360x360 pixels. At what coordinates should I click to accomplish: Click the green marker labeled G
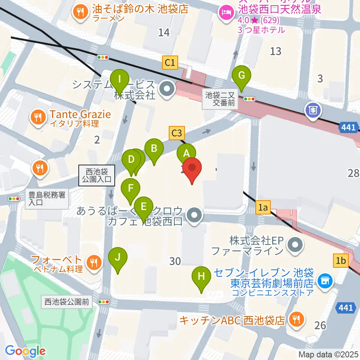pos(241,76)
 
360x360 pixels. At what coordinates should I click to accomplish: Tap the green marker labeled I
pos(120,79)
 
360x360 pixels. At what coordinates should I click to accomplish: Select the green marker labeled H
pos(201,277)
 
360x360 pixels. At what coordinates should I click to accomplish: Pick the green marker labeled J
pos(118,257)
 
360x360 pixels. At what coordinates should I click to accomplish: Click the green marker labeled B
pos(154,149)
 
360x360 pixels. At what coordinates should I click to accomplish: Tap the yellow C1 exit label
pos(170,62)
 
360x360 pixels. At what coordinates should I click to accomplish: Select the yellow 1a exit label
pos(264,207)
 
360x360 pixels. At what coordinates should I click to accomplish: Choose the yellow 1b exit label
pos(341,260)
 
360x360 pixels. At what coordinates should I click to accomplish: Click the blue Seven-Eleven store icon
pos(324,280)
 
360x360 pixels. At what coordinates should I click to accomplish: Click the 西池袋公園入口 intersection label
pos(97,175)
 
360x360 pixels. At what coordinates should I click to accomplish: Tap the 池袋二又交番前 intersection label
pos(220,99)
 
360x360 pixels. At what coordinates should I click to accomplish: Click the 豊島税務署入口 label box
pos(47,199)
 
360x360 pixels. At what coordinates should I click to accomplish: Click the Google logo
pos(25,351)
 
